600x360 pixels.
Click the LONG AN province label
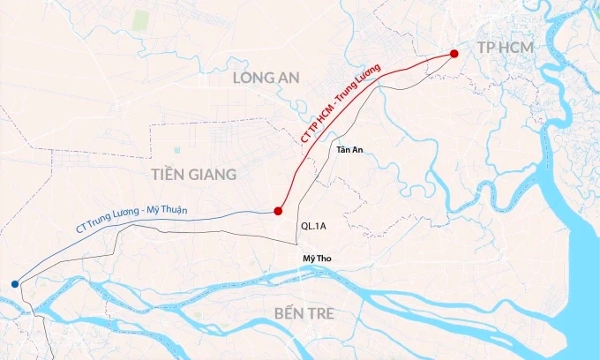point(266,78)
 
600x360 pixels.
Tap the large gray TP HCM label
point(506,45)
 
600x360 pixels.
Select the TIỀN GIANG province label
point(193,174)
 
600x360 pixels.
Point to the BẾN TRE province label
point(305,314)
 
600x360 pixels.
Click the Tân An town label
point(349,149)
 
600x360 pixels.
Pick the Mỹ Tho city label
point(316,258)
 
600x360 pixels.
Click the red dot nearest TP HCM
point(454,54)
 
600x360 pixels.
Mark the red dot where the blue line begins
point(278,211)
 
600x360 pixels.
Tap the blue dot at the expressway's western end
point(14,283)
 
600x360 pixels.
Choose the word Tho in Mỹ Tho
point(323,258)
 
